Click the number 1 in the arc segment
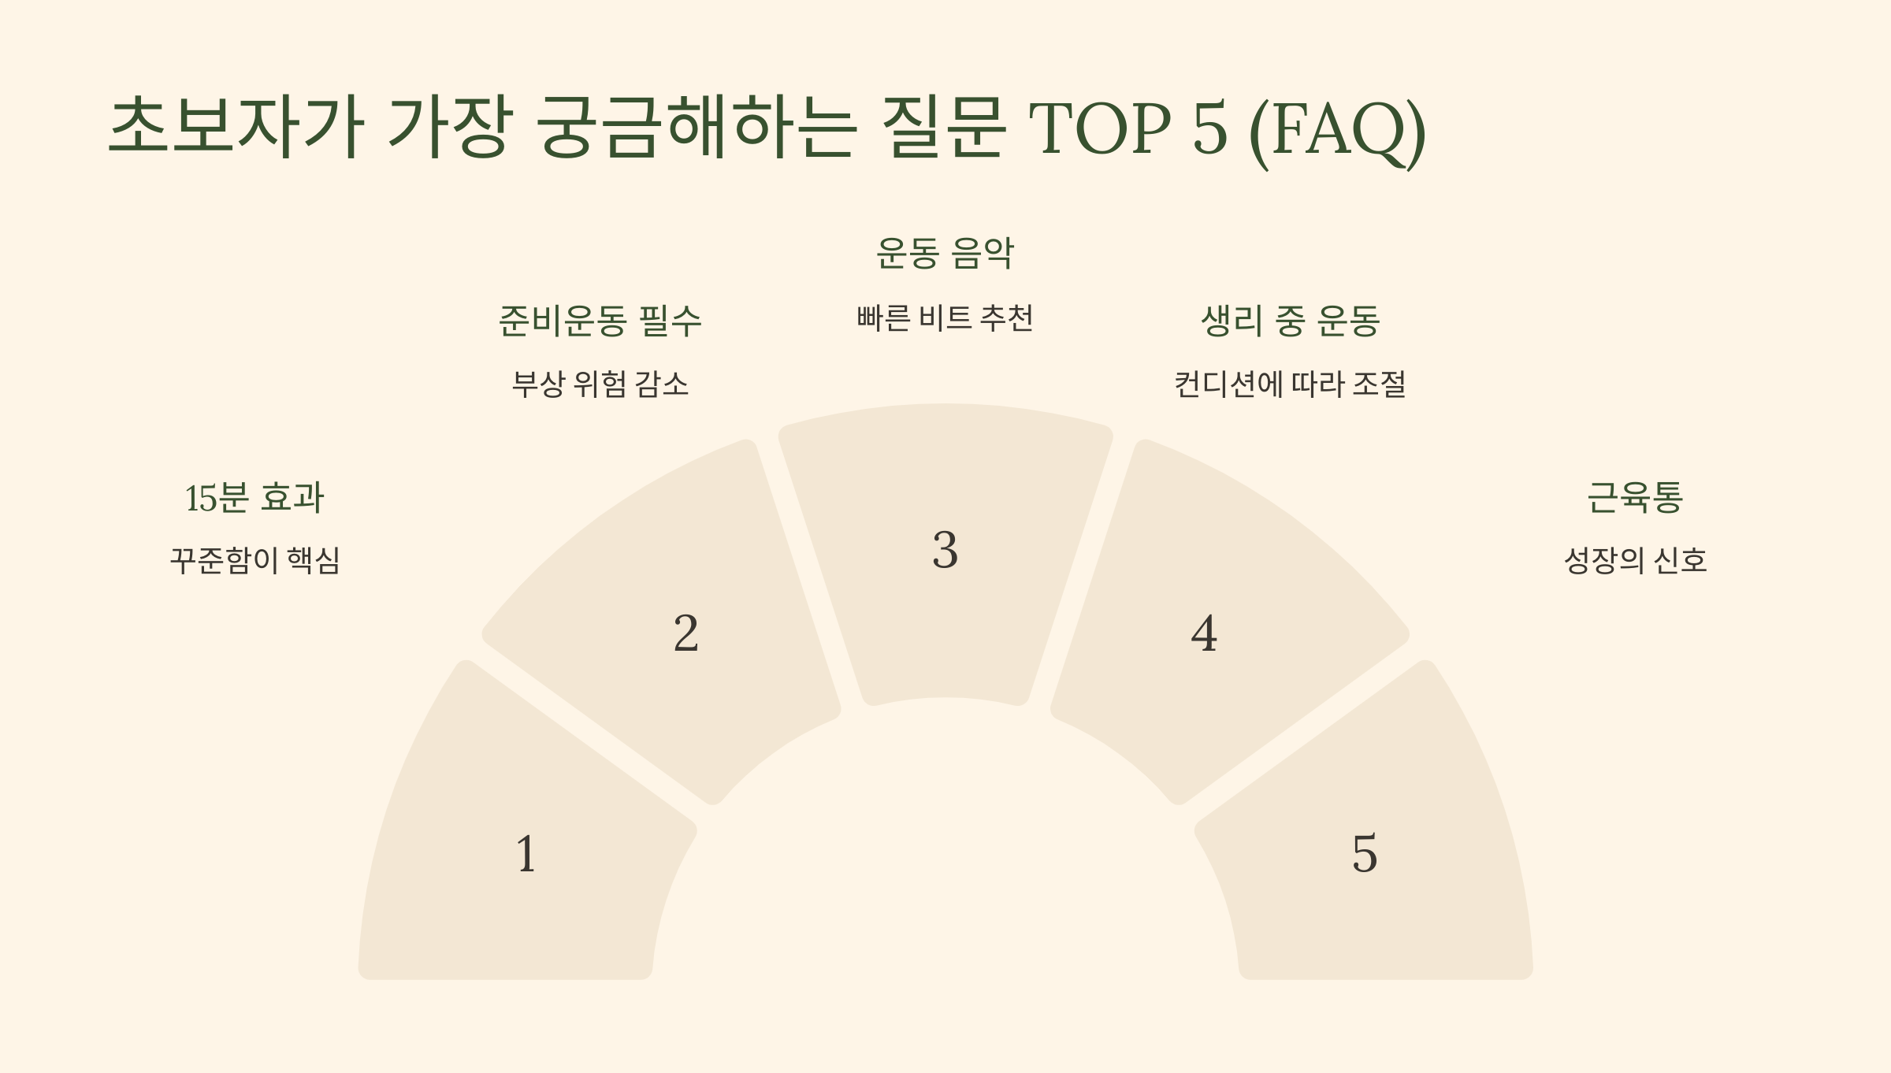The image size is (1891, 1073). point(526,854)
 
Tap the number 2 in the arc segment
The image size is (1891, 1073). point(685,633)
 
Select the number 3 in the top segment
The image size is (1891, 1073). point(945,550)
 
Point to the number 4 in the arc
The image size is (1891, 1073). point(1204,633)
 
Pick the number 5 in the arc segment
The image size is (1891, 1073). point(1365,854)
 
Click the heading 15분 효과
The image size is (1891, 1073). point(254,498)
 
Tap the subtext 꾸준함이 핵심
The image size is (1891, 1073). point(254,560)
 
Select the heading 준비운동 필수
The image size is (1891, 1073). point(600,321)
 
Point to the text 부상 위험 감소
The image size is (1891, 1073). point(600,384)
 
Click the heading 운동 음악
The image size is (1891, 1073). point(945,254)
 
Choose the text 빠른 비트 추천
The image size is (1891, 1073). point(945,317)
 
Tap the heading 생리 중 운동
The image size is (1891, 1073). point(1290,321)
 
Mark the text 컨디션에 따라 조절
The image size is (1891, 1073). point(1290,384)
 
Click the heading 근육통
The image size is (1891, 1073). point(1635,498)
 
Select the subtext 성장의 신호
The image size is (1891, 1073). point(1635,560)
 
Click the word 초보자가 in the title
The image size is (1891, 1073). point(236,126)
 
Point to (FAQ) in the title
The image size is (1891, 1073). point(1337,130)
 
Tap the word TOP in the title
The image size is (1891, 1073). point(1100,128)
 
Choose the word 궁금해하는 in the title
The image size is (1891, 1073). point(696,126)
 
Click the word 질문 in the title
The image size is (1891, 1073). point(942,126)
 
